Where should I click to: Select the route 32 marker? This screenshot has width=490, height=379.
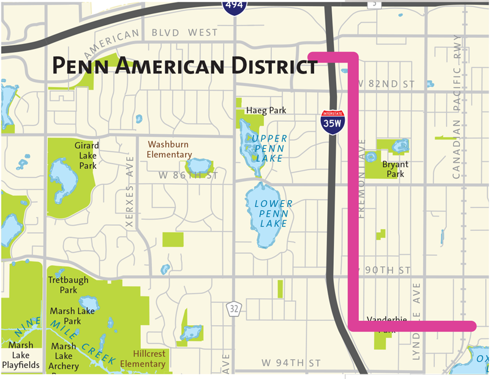pos(233,310)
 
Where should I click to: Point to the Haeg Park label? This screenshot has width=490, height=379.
pos(266,110)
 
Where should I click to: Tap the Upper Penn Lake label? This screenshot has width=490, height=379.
pos(268,149)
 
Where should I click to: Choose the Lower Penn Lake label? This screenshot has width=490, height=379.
pos(269,214)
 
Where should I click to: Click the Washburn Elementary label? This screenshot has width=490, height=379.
pos(170,150)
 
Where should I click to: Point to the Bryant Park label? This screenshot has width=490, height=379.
pos(396,169)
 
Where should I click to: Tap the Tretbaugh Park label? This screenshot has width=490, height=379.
pos(69,285)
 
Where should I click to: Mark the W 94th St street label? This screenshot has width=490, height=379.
pos(292,363)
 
